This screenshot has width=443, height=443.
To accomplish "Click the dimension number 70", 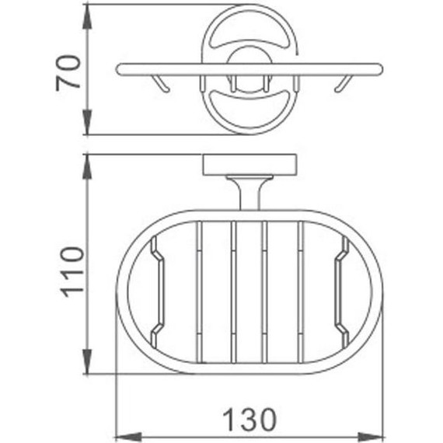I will coord(68,73).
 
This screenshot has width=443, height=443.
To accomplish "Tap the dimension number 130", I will coord(249,420).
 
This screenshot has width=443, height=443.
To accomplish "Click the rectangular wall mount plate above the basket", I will coord(249,165).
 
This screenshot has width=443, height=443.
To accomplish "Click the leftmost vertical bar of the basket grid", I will coord(199,291).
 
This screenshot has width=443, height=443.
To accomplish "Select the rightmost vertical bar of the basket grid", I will coord(299,291).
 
